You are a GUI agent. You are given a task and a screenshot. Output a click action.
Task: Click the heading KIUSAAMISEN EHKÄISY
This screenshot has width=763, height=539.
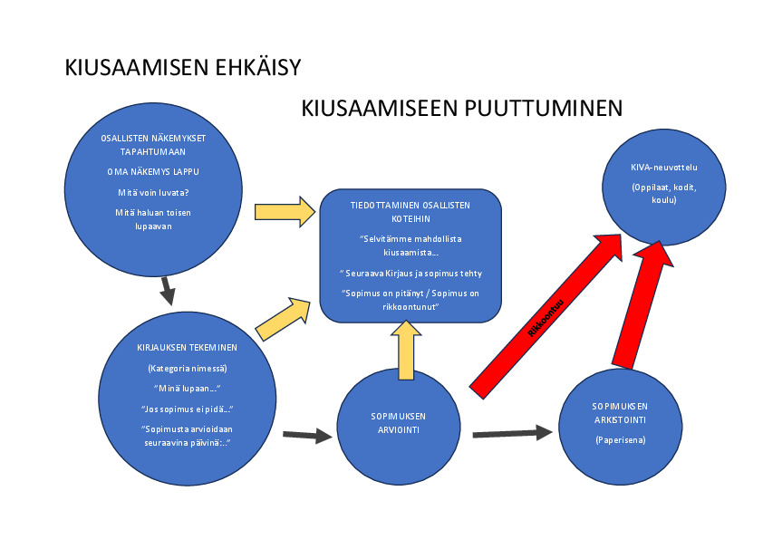(x=182, y=68)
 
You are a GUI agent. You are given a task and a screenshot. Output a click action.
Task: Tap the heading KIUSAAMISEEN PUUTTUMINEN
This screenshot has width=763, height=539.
(x=461, y=109)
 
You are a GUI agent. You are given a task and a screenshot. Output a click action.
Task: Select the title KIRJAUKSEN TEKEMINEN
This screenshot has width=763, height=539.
(x=188, y=349)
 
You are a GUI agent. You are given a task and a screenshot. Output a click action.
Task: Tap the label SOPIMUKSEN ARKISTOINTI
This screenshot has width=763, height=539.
(x=622, y=412)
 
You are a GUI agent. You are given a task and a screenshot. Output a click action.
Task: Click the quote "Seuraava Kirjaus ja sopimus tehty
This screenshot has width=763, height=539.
(x=410, y=273)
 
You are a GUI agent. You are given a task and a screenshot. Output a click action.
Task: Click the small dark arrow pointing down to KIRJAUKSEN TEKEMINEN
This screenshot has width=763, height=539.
(x=167, y=292)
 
